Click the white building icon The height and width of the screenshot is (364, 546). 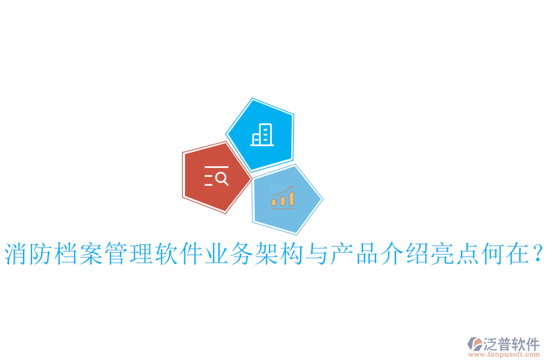coord(262,135)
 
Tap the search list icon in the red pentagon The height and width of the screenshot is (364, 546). coord(217,176)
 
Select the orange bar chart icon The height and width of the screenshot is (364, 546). coord(283,198)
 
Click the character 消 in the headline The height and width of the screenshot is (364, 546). coord(17,254)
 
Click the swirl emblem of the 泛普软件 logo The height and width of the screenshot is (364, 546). coord(475,344)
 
